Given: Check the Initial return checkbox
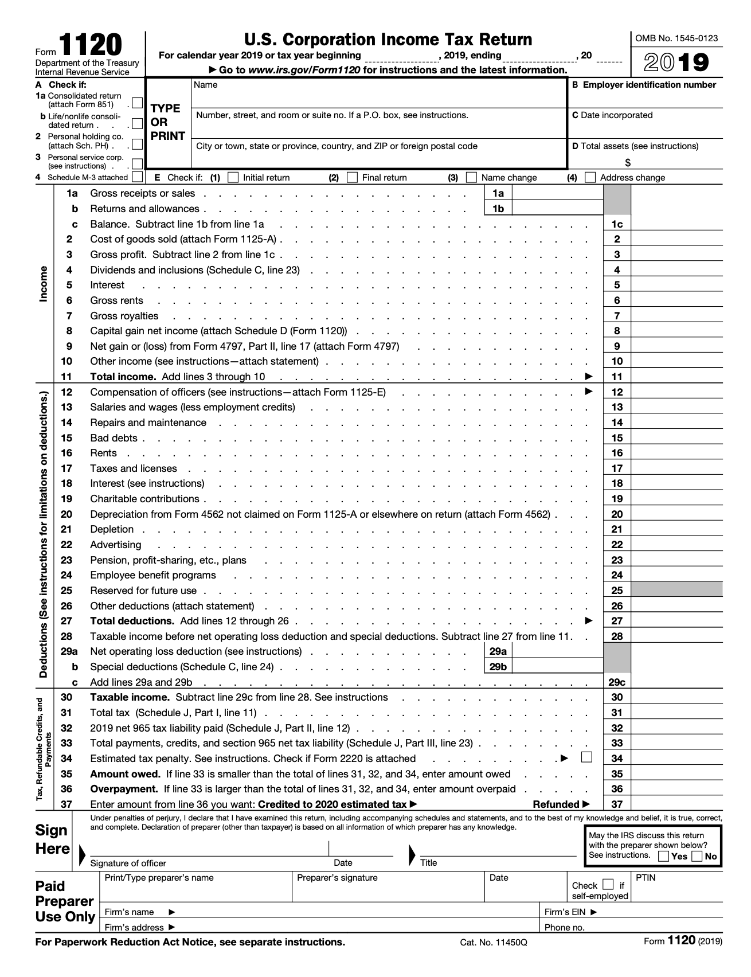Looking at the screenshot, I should pos(233,177).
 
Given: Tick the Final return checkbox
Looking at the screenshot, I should pos(353,177).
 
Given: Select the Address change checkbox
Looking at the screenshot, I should pos(590,177).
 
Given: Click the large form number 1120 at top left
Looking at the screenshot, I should pos(91,45).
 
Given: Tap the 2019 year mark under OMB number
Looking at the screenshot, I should pos(676,62).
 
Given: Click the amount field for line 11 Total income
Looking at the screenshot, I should pos(676,377).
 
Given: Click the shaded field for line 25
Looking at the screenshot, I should pos(676,590).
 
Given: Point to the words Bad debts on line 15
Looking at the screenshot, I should pos(114,438).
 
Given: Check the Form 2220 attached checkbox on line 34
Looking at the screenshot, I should pos(586,757).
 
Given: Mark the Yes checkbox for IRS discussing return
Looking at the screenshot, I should pos(663,856).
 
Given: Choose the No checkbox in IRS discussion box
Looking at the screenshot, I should pos(697,856).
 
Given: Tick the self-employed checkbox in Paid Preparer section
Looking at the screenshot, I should pos(608,884).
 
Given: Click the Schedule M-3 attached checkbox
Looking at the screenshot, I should pos(137,177).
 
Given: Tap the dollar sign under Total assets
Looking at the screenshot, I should pos(628,162).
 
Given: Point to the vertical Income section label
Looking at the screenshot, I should pos(44,284).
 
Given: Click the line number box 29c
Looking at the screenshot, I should pos(617,682).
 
